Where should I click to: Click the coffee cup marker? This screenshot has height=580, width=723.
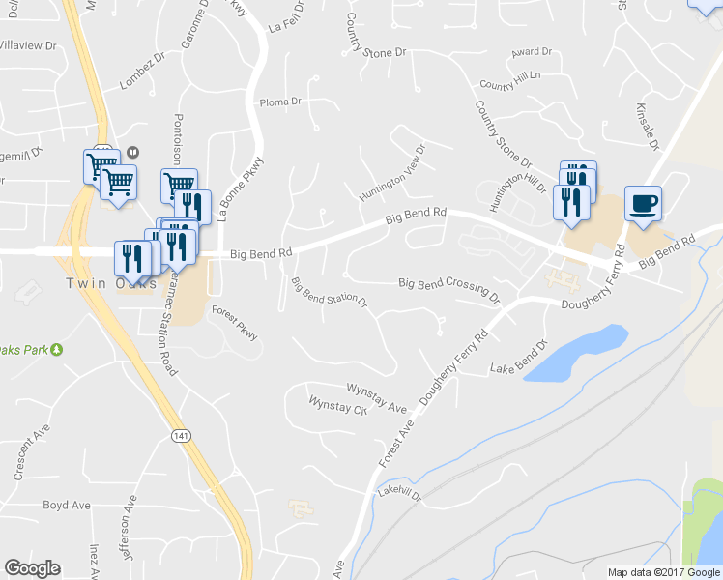tap(643, 204)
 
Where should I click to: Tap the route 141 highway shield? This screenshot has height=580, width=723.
tap(181, 436)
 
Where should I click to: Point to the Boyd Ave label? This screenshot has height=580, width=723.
tap(67, 505)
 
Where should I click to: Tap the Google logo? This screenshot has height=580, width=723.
tap(32, 568)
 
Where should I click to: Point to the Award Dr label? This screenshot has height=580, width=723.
tap(531, 51)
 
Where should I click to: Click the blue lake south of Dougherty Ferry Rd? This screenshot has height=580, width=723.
tap(576, 353)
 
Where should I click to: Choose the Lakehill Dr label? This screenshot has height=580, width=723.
tap(400, 494)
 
